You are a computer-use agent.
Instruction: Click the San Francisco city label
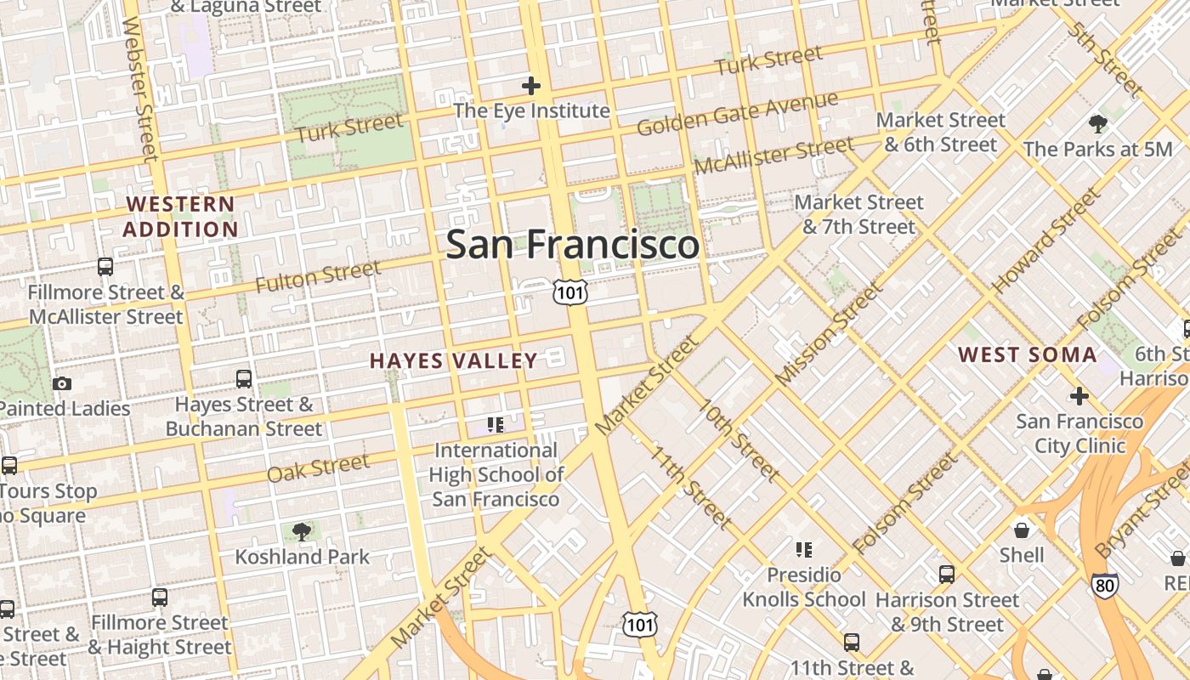[x=572, y=245]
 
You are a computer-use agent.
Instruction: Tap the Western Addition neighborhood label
[x=179, y=217]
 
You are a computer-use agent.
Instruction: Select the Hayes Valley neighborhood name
[x=454, y=360]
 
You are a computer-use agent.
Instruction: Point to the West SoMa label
[x=1028, y=354]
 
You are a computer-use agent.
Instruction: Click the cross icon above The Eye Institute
[x=531, y=86]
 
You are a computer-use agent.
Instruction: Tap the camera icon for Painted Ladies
[x=62, y=384]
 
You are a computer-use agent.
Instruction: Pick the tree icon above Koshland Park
[x=301, y=532]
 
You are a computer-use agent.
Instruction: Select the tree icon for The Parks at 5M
[x=1098, y=124]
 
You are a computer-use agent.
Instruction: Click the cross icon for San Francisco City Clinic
[x=1079, y=396]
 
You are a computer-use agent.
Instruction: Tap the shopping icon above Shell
[x=1022, y=530]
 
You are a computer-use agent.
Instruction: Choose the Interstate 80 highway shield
[x=1105, y=585]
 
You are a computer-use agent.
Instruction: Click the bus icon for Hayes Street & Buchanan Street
[x=244, y=379]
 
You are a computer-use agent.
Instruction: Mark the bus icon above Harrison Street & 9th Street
[x=947, y=575]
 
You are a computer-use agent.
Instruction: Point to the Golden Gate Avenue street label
[x=737, y=114]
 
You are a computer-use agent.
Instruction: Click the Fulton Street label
[x=318, y=276]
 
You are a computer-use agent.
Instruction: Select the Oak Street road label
[x=318, y=467]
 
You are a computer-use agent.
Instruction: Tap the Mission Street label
[x=830, y=333]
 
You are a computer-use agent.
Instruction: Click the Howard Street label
[x=1045, y=241]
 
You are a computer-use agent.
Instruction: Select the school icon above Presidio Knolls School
[x=804, y=550]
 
